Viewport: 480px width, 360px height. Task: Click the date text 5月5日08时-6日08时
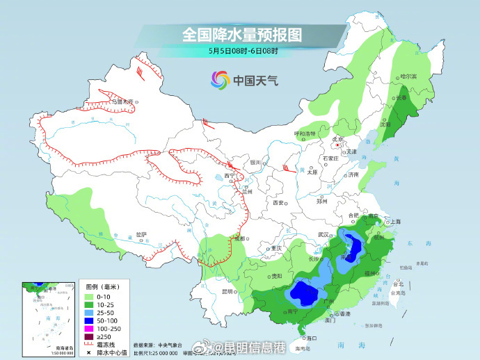[242, 51]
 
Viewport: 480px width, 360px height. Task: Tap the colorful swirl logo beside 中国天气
[220, 80]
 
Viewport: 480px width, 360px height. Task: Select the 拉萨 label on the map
[141, 235]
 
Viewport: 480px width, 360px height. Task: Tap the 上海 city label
[395, 222]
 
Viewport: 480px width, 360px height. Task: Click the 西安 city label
[279, 202]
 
